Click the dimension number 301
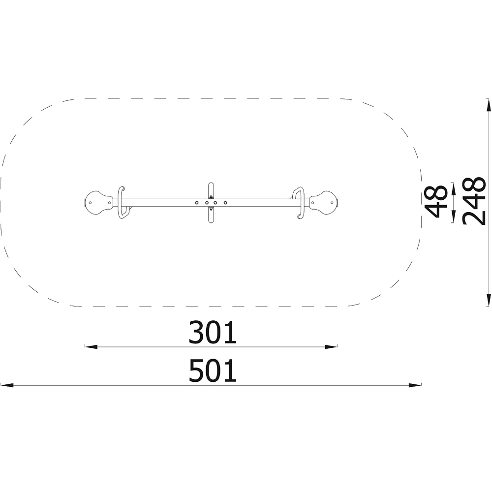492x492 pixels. tap(213, 332)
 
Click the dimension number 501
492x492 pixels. tap(213, 370)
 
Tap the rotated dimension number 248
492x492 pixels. tap(474, 201)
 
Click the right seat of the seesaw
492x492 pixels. tap(324, 202)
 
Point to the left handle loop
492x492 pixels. tap(122, 202)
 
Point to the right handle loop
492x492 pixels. tap(299, 202)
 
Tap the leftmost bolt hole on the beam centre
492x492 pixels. tap(197, 203)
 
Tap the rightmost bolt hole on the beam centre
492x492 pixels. tap(225, 203)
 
